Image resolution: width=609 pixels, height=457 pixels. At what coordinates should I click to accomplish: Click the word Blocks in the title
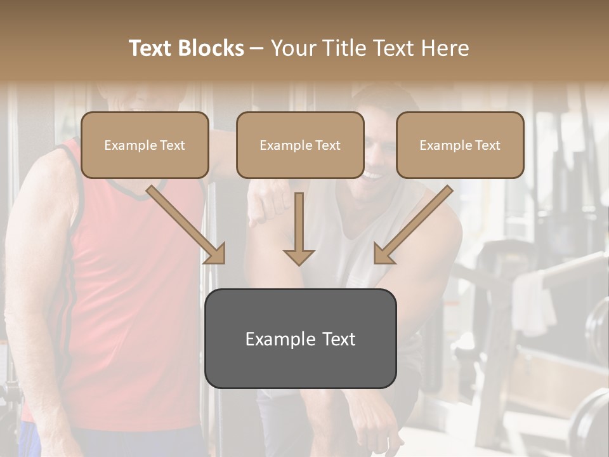212,48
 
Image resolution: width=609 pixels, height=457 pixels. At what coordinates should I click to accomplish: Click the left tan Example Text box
145,145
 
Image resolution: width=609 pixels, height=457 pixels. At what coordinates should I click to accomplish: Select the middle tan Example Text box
300,145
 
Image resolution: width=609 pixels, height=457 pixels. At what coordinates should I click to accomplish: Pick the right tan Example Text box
460,145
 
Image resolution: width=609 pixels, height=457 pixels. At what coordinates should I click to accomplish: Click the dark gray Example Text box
300,339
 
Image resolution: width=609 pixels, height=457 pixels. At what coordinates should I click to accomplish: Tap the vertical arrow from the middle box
299,229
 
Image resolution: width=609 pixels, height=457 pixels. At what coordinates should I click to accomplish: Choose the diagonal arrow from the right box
412,225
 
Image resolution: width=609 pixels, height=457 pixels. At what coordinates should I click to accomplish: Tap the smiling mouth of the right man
373,173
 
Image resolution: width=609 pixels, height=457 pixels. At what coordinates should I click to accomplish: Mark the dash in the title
258,48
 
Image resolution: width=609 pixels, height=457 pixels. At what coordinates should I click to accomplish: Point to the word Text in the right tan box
487,145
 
